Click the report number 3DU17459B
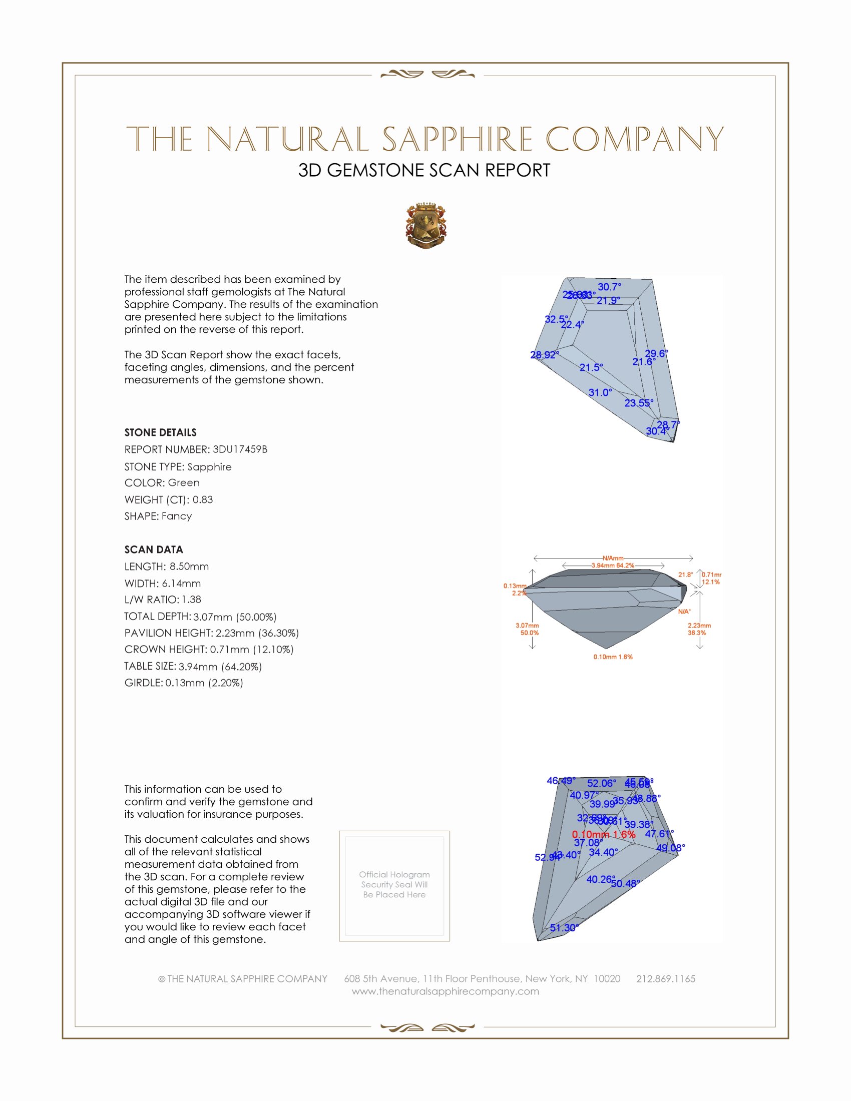(x=240, y=449)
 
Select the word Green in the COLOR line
(x=184, y=482)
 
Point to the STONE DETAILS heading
(x=160, y=432)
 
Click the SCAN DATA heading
(x=154, y=549)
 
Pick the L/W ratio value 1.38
(x=192, y=600)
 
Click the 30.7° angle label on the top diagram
(x=610, y=287)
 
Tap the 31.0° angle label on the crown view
(x=600, y=392)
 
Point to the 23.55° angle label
(x=639, y=403)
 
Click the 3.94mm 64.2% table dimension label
(x=613, y=565)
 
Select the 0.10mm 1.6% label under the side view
(x=613, y=657)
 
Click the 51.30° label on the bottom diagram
(x=564, y=927)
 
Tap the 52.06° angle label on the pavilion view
(x=601, y=783)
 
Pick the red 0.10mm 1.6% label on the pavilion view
(x=604, y=834)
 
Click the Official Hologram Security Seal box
(x=394, y=886)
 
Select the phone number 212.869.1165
(x=665, y=978)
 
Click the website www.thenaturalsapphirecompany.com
(x=445, y=991)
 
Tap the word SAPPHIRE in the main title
(x=457, y=139)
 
